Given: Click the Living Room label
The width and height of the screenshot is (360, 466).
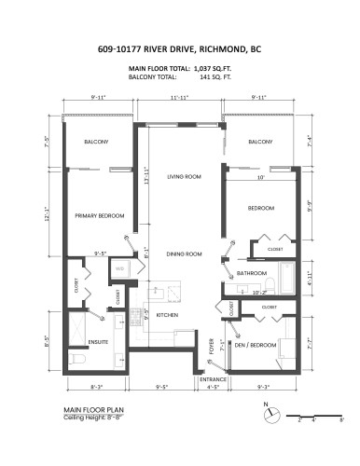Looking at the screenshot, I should tap(185, 176).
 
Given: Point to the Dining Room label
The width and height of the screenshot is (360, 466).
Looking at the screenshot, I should tap(185, 254).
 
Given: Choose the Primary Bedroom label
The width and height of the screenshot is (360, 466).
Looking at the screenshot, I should tap(100, 215).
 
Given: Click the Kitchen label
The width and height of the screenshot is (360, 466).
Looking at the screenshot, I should tap(167, 316).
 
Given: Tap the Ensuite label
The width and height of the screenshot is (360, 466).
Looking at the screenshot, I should tap(99, 342).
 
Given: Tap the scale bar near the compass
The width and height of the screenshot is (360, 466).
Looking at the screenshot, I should tap(317, 414).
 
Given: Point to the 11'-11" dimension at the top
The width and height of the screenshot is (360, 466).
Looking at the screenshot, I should tap(180, 97).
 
